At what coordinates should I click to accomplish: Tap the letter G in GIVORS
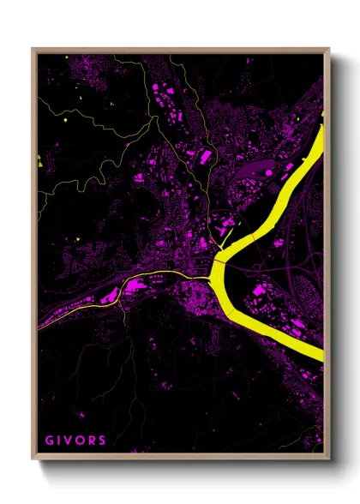[48, 440]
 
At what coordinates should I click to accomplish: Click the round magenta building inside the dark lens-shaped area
[268, 172]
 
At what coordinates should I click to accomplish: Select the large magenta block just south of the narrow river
[111, 297]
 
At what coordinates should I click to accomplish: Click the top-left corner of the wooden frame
[33, 49]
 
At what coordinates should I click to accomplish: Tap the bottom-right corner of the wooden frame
[329, 455]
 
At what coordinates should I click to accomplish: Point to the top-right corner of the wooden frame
[329, 49]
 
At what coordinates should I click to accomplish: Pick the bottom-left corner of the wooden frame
[33, 455]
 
